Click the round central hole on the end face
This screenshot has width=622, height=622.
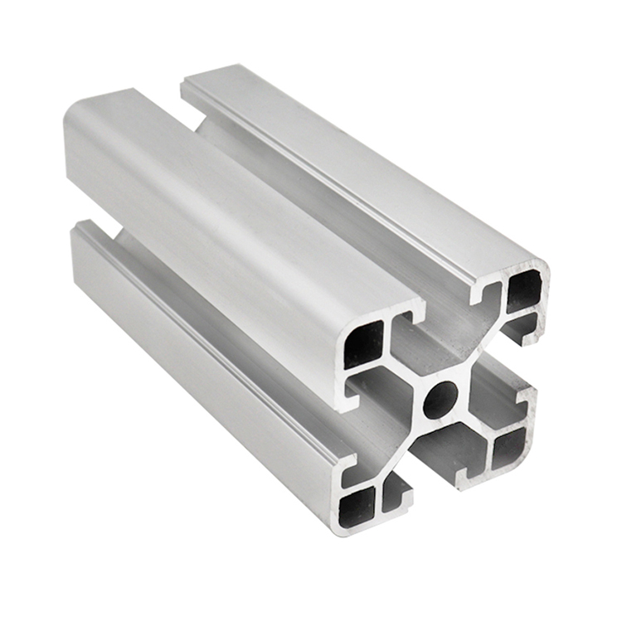coord(440,400)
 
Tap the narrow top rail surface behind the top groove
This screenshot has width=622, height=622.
coord(348,166)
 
